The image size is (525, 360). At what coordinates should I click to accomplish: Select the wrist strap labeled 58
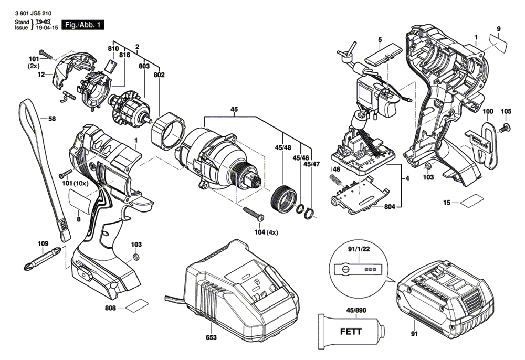44,168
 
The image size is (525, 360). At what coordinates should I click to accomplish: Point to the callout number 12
41,76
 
